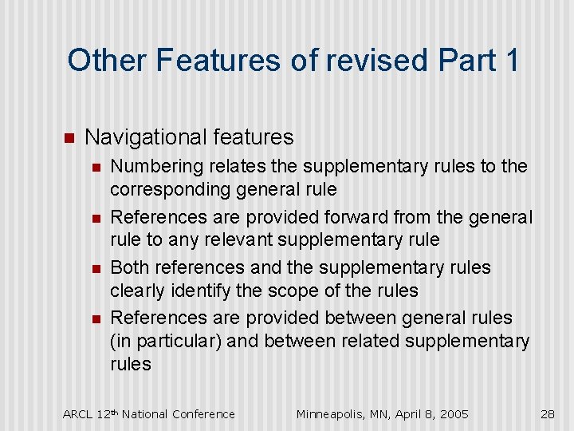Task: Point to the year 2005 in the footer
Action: (453, 413)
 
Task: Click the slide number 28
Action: (547, 413)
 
